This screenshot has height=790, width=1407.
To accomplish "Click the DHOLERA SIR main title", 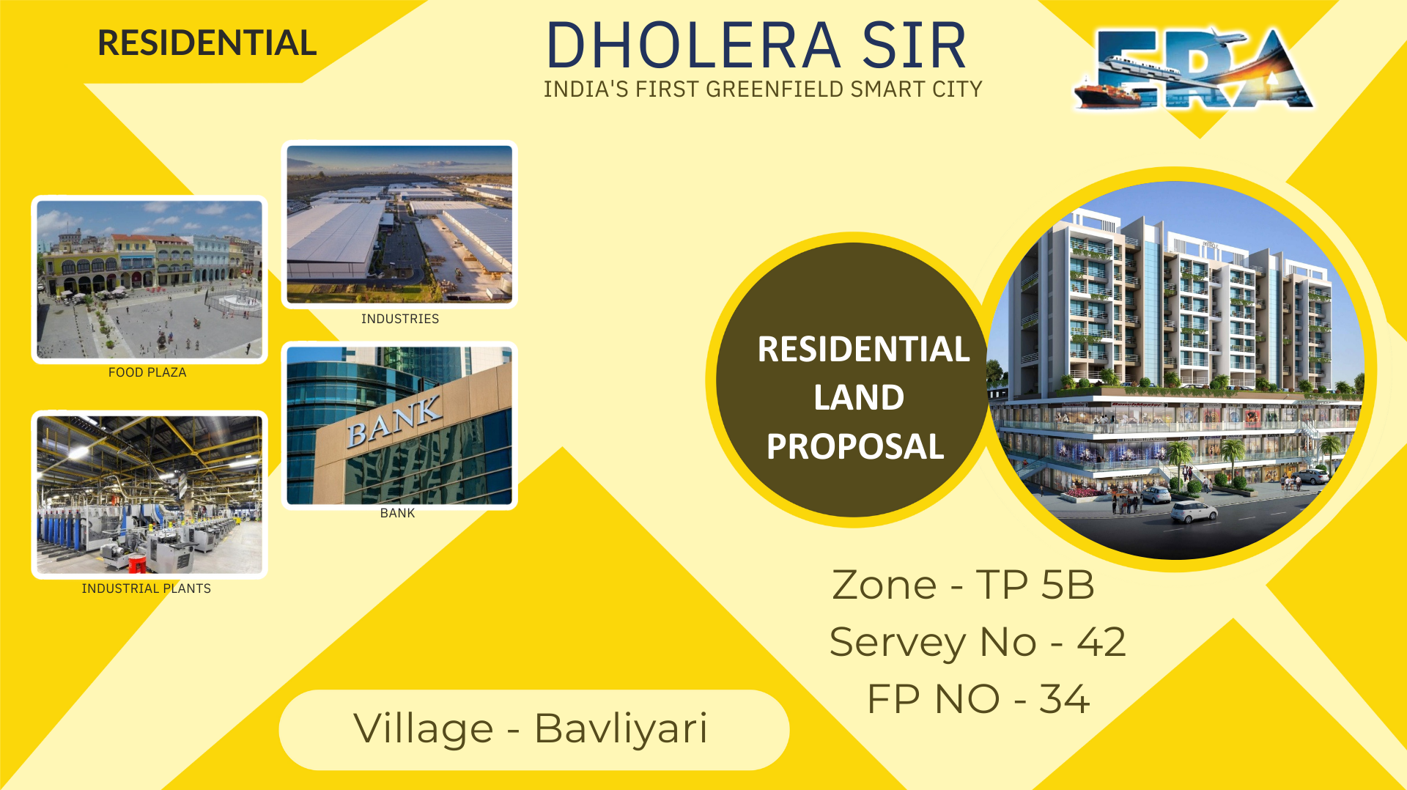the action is point(756,45).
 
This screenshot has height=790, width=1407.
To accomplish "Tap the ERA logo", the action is point(1194,70).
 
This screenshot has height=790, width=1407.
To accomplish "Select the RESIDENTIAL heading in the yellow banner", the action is point(207,43).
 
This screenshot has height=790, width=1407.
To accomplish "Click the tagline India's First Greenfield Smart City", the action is point(762,89).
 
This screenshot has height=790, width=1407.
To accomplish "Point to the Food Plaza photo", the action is point(149,279).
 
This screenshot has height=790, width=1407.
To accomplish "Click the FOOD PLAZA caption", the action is point(147,372).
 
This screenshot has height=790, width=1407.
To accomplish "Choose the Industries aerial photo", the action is point(399,224).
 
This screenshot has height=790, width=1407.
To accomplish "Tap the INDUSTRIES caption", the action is point(400,319).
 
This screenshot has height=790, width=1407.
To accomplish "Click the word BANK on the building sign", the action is point(394,421).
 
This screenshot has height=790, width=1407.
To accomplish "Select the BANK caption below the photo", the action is point(397,513).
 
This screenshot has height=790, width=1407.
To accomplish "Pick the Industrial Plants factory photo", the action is point(149,495).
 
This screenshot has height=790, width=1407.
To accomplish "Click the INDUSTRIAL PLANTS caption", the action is point(147,588).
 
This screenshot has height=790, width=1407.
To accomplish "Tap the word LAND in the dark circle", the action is point(859,398).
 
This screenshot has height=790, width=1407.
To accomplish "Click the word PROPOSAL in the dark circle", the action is point(855,446).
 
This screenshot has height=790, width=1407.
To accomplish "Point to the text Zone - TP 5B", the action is point(963,585).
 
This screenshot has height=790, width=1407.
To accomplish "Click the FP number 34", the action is point(1064,699).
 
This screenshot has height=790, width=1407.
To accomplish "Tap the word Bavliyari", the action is point(621,728).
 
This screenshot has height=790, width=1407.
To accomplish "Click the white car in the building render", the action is point(1194,511).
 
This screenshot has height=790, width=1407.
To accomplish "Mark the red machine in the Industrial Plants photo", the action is point(137,563).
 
